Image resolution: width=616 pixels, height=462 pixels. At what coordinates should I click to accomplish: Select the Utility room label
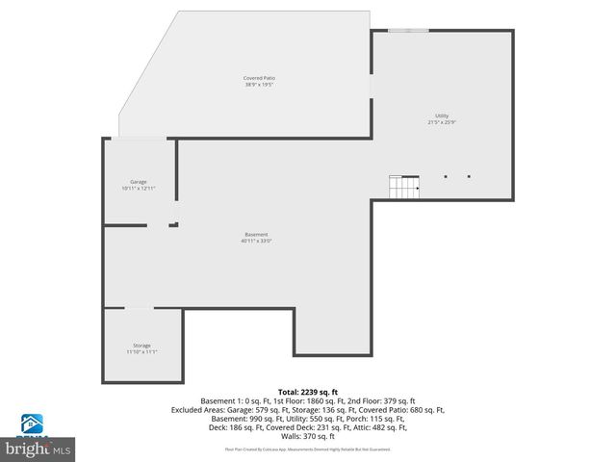pos(442,115)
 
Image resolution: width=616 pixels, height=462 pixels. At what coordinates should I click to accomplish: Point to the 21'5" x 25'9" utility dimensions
pos(442,123)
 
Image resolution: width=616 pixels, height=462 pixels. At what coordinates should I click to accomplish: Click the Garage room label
pos(139,181)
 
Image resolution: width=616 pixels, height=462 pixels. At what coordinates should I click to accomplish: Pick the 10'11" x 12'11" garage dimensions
pos(139,189)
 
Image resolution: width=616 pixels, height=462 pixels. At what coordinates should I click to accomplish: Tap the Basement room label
pos(256,234)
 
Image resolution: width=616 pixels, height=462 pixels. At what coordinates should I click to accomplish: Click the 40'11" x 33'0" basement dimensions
pos(256,242)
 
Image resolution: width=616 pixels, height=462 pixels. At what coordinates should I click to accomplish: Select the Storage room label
pos(141,345)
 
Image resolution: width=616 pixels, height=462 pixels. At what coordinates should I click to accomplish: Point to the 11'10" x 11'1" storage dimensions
pos(141,352)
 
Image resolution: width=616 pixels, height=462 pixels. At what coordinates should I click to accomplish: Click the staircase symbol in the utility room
pos(404,187)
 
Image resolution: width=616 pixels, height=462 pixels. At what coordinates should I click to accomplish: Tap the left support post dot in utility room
pos(446,176)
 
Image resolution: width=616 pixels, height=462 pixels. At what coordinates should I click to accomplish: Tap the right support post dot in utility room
pos(469,176)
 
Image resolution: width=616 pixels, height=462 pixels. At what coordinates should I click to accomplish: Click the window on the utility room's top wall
pos(408,31)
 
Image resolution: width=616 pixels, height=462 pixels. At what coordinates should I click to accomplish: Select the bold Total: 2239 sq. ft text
pos(307,392)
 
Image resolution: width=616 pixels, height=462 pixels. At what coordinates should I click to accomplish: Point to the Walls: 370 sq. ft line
pos(307,436)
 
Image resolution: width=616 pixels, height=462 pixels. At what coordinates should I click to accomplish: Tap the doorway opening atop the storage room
pos(140,308)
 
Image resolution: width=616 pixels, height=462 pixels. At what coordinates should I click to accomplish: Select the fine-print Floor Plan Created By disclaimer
pos(307,449)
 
